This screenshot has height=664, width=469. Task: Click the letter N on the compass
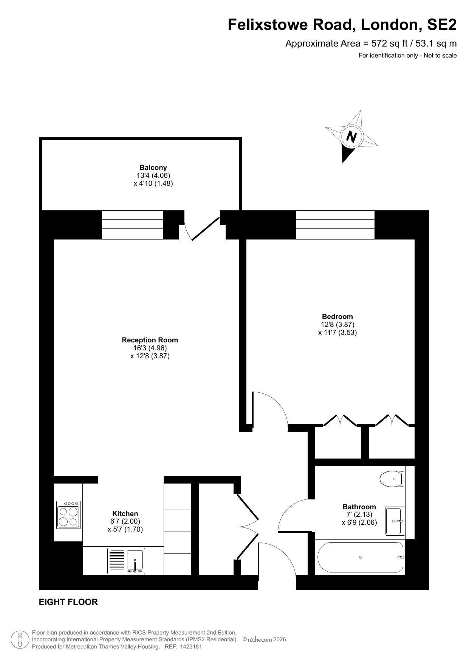tap(352, 136)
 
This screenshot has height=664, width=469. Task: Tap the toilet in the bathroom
tap(392, 479)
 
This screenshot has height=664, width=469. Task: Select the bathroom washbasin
tap(395, 521)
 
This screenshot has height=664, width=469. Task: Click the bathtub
tap(361, 557)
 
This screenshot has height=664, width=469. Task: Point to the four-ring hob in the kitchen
tap(68, 515)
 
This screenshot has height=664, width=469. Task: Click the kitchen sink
tap(126, 561)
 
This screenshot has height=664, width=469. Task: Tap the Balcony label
tap(153, 167)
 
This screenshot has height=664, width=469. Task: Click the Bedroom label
tap(337, 316)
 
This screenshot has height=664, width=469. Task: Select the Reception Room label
tap(150, 340)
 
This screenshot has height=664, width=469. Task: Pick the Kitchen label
tap(125, 513)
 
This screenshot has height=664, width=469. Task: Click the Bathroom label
tap(359, 507)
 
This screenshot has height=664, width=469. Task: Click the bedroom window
tap(335, 225)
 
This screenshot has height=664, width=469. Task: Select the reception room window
tap(133, 225)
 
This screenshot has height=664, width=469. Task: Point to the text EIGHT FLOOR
tap(68, 602)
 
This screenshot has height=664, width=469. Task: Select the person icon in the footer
tap(20, 639)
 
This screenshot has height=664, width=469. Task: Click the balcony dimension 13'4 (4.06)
tap(153, 176)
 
